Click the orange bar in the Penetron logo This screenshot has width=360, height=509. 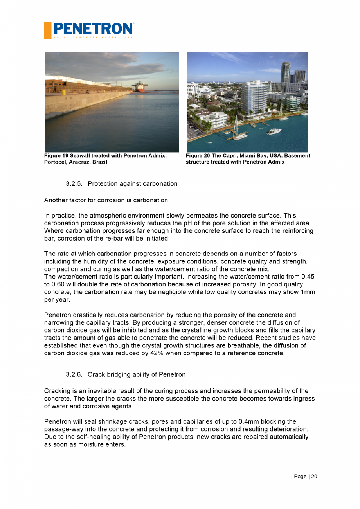click(48, 31)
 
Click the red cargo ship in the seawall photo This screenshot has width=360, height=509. click(139, 87)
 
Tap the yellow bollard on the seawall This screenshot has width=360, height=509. click(64, 92)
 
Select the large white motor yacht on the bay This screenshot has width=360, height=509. click(274, 132)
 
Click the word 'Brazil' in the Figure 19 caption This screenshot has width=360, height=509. click(99, 162)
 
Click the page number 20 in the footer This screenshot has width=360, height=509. click(314, 477)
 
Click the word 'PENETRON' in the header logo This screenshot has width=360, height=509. click(93, 29)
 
